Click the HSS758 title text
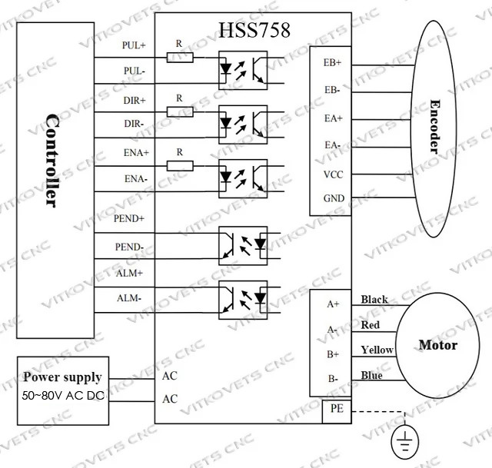tap(254, 30)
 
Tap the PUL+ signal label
tap(134, 45)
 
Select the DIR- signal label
tap(134, 124)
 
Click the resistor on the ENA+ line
tap(180, 166)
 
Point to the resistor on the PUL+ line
tap(180, 58)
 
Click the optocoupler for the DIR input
tap(243, 124)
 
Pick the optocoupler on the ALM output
tap(243, 300)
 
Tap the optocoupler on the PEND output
tap(243, 246)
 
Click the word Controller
tap(52, 161)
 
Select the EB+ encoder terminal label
tap(332, 62)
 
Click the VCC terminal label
tap(333, 174)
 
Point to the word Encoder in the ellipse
tap(435, 126)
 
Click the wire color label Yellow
tap(377, 350)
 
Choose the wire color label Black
tap(374, 299)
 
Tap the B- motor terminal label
tap(333, 379)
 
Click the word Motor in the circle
tap(438, 345)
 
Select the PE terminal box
tap(337, 411)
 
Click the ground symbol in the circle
tap(405, 440)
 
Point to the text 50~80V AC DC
tap(63, 396)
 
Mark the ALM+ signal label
tap(129, 274)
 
